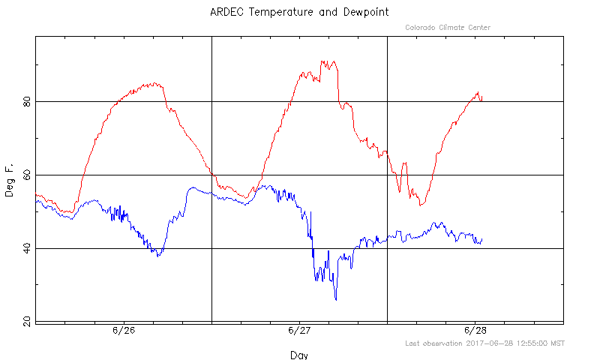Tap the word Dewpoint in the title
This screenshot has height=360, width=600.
[366, 13]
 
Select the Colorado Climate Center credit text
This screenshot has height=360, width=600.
[448, 28]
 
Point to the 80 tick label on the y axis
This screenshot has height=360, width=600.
[27, 102]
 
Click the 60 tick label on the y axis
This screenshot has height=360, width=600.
[27, 175]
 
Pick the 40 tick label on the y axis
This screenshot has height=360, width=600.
[27, 249]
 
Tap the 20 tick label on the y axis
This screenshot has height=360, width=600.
[27, 322]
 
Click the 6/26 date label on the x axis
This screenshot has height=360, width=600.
[124, 330]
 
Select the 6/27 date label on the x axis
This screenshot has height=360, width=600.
[299, 330]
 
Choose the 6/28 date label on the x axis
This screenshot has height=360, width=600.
[475, 330]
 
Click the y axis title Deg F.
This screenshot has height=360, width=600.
[9, 180]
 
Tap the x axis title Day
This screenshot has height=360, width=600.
[299, 355]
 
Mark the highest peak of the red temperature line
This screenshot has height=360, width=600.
[322, 61]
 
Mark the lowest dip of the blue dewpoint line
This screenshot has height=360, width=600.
[336, 300]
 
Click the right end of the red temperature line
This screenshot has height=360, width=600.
[482, 97]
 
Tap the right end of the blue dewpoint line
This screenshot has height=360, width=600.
[482, 240]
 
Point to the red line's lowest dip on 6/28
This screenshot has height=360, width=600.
[420, 205]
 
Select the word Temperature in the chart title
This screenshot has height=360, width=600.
[280, 12]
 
